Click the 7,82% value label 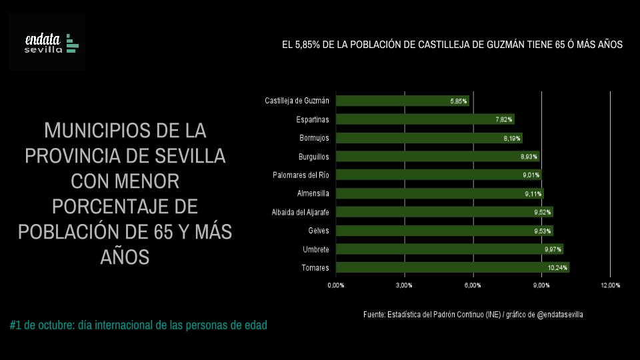point(504,120)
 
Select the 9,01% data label point(531,175)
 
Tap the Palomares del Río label point(301,175)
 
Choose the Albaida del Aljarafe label point(300,212)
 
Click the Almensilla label point(313,194)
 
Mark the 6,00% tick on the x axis point(473,285)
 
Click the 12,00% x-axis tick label point(610,285)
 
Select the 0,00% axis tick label point(336,285)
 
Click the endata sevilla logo point(47,42)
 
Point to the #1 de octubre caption point(139,325)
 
